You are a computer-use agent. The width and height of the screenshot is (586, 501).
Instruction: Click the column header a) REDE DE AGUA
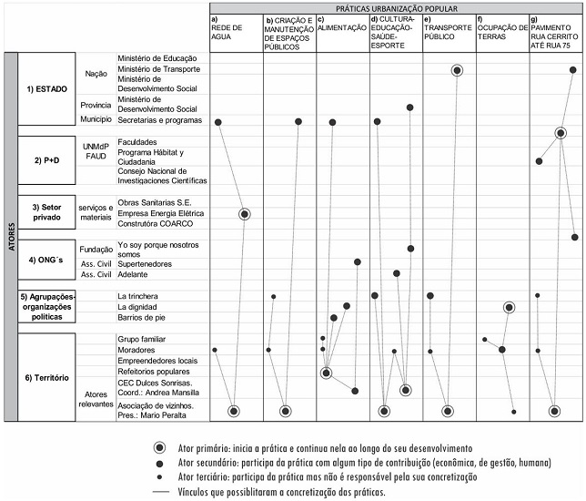[x=227, y=30]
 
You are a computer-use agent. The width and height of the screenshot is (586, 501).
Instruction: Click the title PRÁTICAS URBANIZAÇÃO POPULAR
[x=396, y=7]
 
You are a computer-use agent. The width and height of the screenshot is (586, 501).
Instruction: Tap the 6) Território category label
[x=48, y=377]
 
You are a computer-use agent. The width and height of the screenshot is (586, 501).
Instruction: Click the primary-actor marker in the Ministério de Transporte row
[x=457, y=70]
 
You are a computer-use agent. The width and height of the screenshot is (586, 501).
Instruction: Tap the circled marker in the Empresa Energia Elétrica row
[x=244, y=214]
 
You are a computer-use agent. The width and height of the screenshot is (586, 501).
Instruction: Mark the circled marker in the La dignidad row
[x=510, y=308]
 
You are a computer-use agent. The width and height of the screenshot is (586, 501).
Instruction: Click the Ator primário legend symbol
[x=160, y=448]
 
